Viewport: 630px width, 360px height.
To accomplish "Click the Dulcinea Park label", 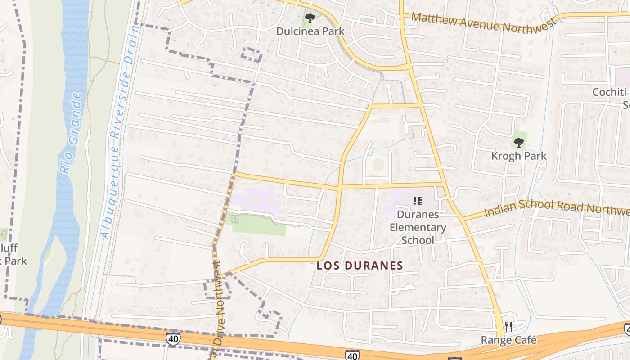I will click(310, 31).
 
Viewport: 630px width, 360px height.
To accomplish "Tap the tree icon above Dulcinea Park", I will click(310, 18).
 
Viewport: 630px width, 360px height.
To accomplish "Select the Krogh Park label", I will click(519, 156).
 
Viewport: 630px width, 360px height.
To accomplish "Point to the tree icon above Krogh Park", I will click(519, 143).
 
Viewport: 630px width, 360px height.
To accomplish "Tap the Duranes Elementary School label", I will click(418, 227).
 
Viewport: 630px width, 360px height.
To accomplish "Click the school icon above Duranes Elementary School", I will click(417, 201).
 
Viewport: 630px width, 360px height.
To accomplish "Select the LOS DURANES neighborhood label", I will click(360, 265).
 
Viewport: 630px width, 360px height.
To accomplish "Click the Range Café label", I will click(508, 340).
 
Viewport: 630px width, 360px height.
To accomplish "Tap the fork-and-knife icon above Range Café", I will click(508, 326).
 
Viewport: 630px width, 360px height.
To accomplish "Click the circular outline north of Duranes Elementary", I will click(378, 165).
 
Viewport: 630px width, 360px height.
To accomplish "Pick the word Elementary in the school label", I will click(418, 227).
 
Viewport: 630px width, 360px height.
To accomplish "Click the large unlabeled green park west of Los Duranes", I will click(259, 225).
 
